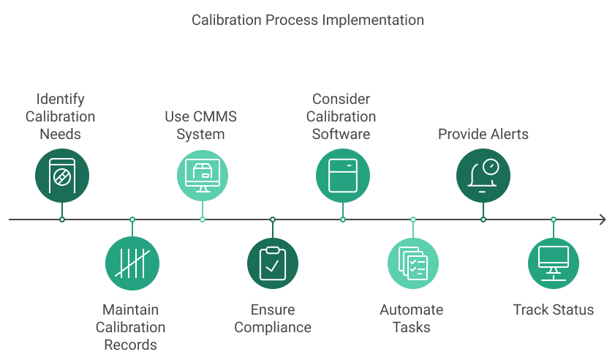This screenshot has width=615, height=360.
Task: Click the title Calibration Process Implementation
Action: tap(307, 20)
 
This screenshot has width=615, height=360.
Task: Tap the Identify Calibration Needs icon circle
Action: tap(62, 175)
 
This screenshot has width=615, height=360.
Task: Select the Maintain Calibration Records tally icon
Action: tap(132, 263)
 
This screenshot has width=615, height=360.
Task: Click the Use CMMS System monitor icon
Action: tap(203, 175)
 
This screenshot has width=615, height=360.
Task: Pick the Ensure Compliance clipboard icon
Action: tap(273, 263)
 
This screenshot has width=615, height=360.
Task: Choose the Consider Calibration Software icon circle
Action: tap(343, 175)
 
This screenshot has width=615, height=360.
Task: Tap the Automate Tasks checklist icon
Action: tap(413, 263)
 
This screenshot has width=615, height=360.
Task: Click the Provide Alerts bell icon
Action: tap(483, 175)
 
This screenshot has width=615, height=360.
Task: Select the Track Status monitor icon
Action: tap(554, 263)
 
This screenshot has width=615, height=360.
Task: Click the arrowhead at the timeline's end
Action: tap(602, 220)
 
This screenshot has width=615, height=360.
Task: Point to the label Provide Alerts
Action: tap(483, 134)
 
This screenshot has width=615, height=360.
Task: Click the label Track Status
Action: tap(554, 310)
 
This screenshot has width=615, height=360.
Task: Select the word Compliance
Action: tap(273, 327)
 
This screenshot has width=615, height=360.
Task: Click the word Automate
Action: tap(411, 310)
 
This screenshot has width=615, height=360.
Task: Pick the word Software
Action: tap(341, 134)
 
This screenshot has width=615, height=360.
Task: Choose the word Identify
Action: tap(61, 99)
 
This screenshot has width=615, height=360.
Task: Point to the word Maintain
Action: tap(131, 310)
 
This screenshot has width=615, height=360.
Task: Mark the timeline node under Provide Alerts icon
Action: tap(483, 220)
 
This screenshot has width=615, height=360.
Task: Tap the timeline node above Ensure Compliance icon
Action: tap(273, 220)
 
